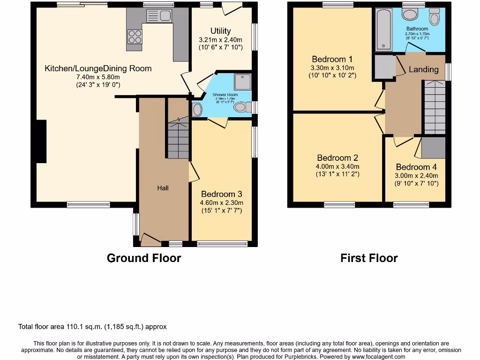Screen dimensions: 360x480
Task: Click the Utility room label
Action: (220, 31)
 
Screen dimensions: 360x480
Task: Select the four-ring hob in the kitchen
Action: (135, 37)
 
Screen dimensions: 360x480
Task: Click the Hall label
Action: (163, 188)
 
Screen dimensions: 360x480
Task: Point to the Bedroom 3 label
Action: (222, 194)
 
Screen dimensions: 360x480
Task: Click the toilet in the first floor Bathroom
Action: (435, 17)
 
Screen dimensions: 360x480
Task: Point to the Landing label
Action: (423, 69)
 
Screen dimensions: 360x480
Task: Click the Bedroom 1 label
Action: (332, 59)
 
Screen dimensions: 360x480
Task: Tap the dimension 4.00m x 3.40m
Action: (337, 166)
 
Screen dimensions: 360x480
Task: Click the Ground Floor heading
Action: (144, 258)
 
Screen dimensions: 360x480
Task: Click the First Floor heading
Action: (369, 258)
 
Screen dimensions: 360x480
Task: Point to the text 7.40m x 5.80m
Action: (98, 77)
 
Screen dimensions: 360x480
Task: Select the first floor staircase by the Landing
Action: (435, 108)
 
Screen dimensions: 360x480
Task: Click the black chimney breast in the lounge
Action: (42, 141)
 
